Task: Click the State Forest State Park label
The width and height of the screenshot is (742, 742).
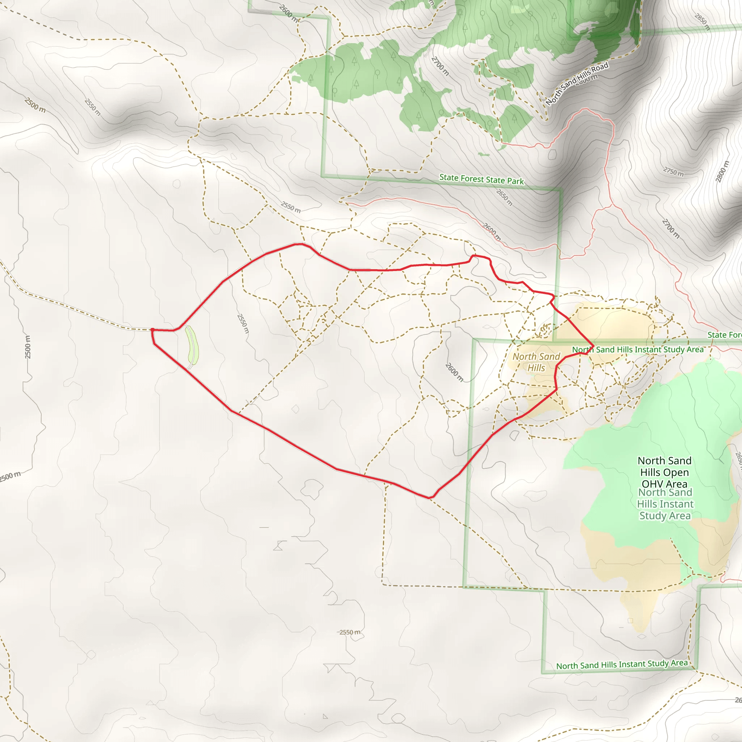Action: pos(481,179)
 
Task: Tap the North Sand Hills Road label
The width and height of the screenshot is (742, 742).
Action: pos(577,83)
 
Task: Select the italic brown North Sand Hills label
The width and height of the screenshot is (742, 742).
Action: pos(536,362)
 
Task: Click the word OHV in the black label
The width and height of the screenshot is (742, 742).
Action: pos(653,484)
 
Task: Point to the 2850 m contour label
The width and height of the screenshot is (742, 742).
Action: pos(702,22)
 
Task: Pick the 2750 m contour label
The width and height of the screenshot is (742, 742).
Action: pos(674,171)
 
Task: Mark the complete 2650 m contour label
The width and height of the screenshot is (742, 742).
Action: pos(504,197)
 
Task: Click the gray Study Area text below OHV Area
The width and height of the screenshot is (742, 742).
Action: pos(665,516)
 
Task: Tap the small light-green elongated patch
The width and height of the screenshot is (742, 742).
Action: pos(192,345)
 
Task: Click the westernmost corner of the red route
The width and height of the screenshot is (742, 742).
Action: pos(152,330)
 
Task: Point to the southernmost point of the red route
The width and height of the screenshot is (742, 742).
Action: pos(430,498)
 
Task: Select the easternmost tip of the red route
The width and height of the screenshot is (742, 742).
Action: pos(594,346)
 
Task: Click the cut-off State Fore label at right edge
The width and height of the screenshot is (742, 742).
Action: pos(724,335)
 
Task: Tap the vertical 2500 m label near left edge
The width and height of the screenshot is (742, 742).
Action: pos(28,347)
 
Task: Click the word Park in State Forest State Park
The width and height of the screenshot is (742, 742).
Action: pos(516,181)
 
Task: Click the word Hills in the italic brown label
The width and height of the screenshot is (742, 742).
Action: pos(536,368)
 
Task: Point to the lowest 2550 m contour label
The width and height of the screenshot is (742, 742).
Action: pos(350,632)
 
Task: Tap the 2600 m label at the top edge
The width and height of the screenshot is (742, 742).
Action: pos(288,13)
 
